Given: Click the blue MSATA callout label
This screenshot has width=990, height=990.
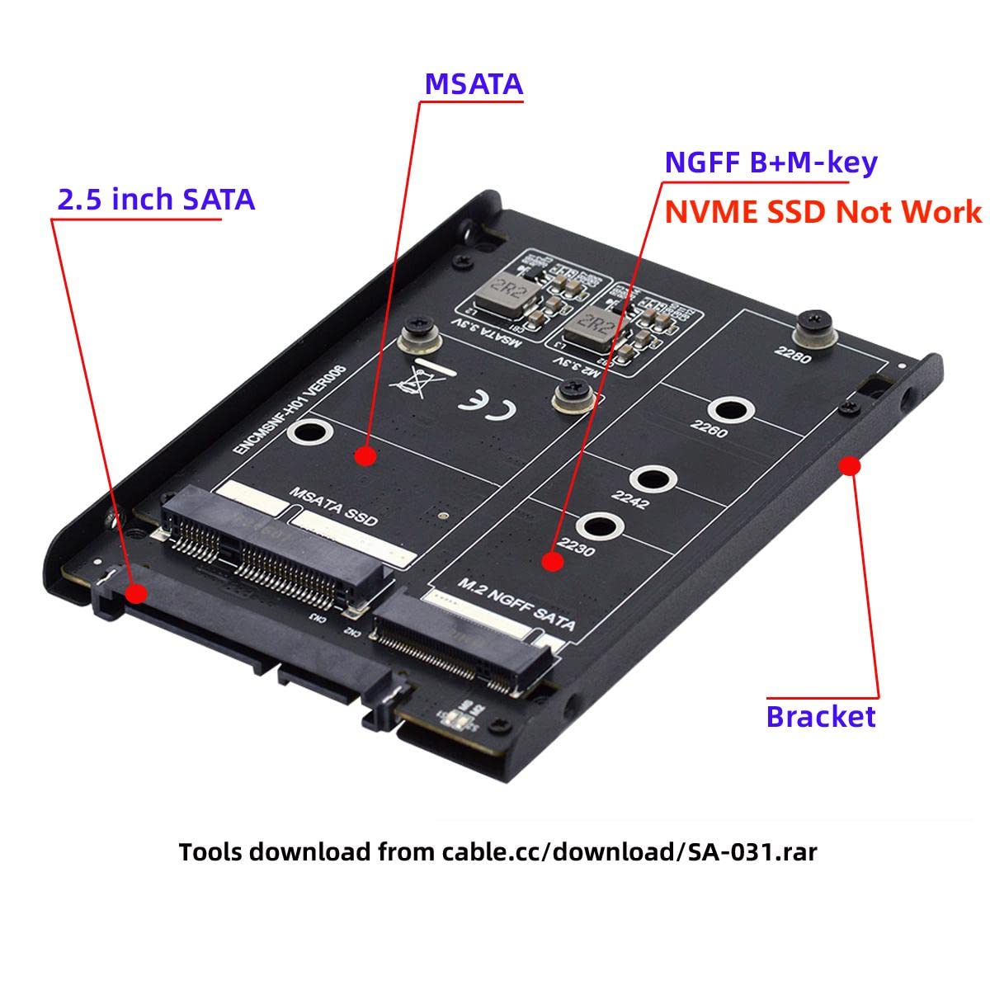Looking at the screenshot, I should [474, 84].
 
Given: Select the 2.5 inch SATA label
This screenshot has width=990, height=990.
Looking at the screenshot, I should [156, 200].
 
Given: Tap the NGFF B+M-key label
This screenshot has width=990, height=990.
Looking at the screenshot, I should [771, 163].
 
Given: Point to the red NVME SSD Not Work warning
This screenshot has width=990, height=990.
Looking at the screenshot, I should [823, 212].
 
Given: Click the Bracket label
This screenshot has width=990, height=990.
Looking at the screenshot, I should [821, 715].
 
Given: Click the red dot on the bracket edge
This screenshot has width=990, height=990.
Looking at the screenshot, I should [851, 467].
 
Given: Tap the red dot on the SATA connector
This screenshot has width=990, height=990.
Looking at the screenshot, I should [137, 593].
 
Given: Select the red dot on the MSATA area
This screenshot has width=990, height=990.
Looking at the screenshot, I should [366, 455].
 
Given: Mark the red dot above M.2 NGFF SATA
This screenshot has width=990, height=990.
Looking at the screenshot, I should [552, 562].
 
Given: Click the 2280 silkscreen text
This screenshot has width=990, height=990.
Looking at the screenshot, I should [792, 355].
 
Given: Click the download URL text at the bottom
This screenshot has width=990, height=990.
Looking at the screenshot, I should [497, 851].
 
